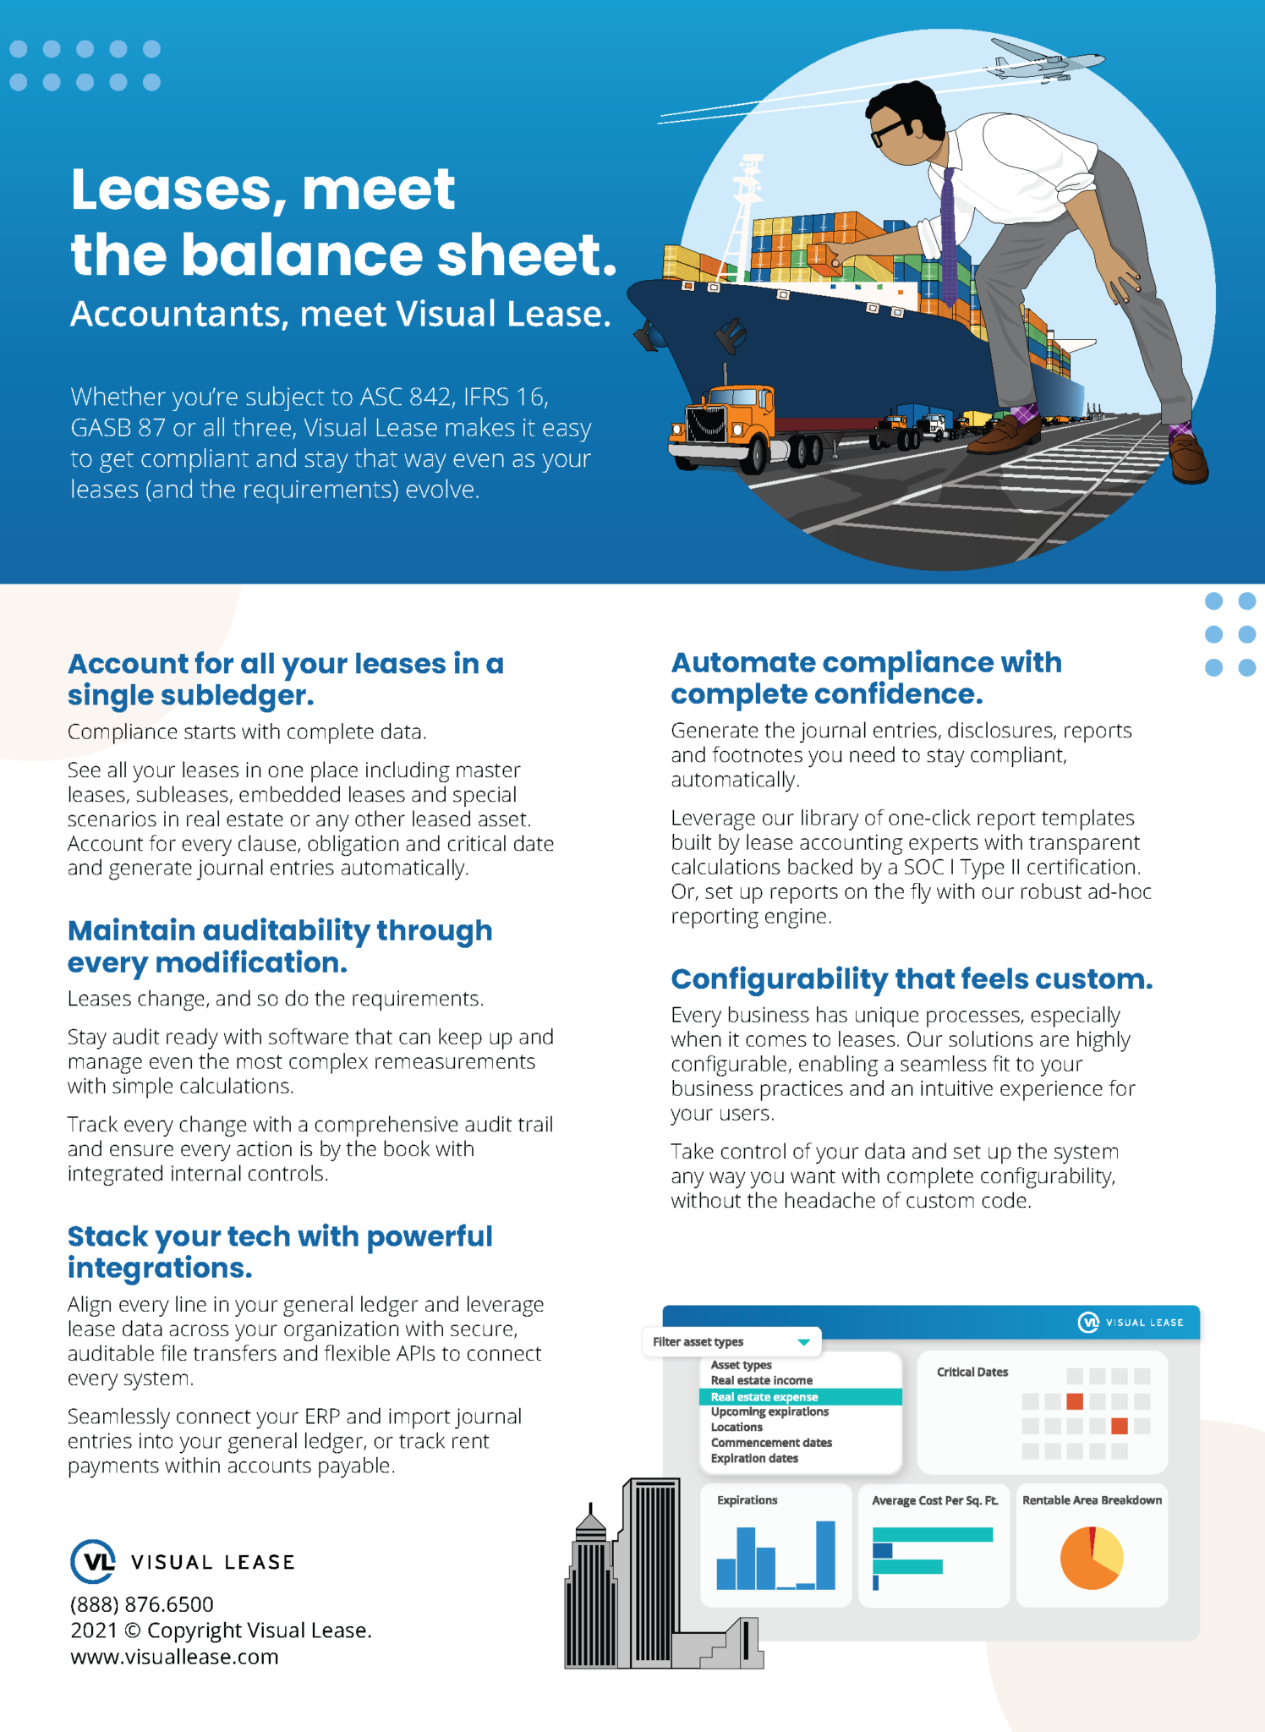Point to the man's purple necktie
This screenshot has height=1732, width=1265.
[x=949, y=237]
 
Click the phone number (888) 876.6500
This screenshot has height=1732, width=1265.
[x=142, y=1604]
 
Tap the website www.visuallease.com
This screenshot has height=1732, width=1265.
[x=174, y=1657]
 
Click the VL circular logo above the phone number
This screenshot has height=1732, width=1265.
[x=93, y=1561]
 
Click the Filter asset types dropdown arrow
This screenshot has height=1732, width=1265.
[x=803, y=1342]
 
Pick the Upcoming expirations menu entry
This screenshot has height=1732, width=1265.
[x=769, y=1411]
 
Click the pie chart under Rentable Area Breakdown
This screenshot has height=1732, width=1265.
[x=1091, y=1558]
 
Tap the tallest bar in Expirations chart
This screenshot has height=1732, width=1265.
[x=825, y=1554]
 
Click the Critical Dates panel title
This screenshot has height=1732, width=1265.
[x=972, y=1372]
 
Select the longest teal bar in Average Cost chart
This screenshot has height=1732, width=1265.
[x=932, y=1534]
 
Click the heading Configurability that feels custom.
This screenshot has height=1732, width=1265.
[x=912, y=978]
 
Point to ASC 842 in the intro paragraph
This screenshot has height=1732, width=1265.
[x=408, y=397]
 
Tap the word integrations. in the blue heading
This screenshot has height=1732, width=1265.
[x=160, y=1268]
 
